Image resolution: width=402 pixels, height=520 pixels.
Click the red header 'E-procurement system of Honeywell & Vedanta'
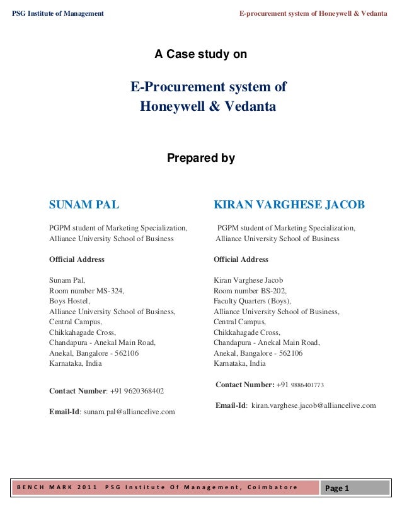coord(313,14)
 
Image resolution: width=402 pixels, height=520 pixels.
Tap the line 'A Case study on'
coord(200,55)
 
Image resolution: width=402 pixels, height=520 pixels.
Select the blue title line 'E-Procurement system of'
coord(208,87)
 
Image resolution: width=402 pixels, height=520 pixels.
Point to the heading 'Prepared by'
coord(200,159)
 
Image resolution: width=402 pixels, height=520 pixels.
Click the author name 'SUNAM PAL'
coord(84,205)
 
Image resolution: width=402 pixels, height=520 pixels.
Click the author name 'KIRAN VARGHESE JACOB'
coord(289,205)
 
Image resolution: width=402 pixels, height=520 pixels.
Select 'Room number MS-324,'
coord(87,291)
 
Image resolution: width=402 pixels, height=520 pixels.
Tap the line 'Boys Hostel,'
coord(69,301)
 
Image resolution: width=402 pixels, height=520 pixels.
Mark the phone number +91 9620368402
coord(137,391)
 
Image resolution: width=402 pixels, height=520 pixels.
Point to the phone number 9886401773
coord(307,385)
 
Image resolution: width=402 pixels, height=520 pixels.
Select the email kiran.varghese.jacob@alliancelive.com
coord(313,405)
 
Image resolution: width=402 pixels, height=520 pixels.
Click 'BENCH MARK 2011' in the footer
coord(56,487)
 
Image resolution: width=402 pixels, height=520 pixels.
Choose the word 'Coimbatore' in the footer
coord(272,487)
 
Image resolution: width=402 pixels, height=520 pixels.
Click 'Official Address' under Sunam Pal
coord(77,259)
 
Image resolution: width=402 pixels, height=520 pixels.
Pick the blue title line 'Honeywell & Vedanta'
coord(208,106)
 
